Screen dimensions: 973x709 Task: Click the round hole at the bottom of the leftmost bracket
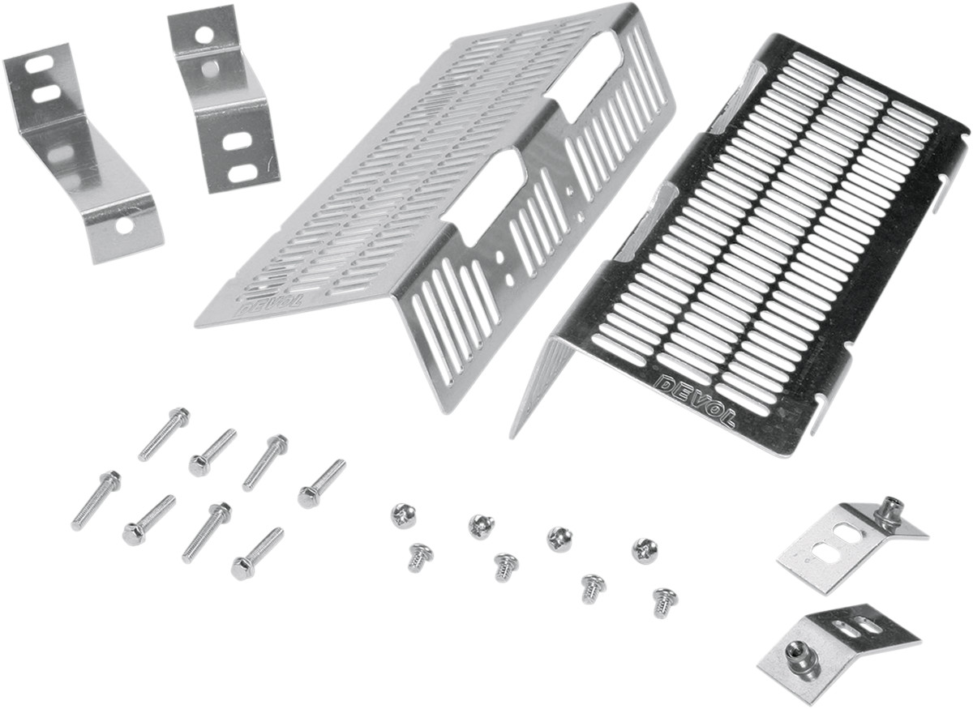click(x=125, y=225)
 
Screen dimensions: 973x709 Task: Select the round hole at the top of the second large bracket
click(x=204, y=35)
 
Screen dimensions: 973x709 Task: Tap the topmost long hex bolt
click(x=164, y=434)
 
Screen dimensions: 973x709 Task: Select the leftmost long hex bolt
click(x=96, y=501)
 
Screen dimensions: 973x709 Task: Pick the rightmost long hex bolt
click(x=321, y=484)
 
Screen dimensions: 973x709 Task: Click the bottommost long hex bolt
click(x=257, y=553)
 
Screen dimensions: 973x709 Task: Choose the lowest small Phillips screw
click(x=665, y=602)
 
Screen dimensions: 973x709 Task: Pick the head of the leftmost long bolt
click(x=112, y=478)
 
